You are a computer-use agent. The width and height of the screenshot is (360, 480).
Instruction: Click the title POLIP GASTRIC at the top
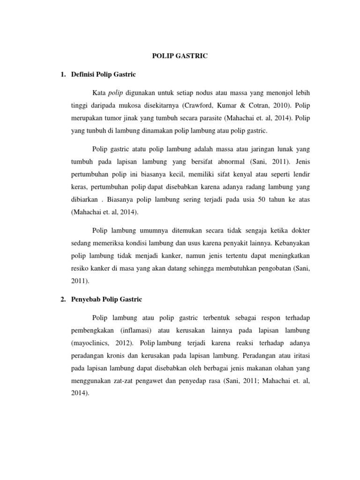coord(180,56)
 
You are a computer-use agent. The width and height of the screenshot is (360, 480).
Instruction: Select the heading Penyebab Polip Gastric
coord(106,299)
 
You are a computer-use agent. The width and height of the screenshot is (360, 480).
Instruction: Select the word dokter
coord(298,231)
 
